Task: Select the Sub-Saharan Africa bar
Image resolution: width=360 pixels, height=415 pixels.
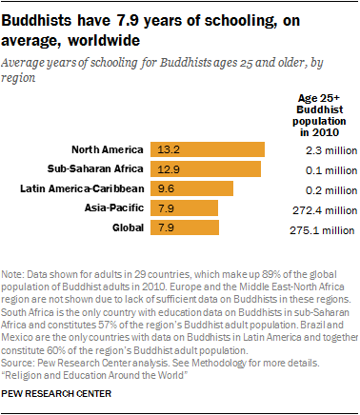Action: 205,168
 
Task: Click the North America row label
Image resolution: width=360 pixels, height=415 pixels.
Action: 108,148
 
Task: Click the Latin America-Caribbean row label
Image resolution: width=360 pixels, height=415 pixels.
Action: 82,188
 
